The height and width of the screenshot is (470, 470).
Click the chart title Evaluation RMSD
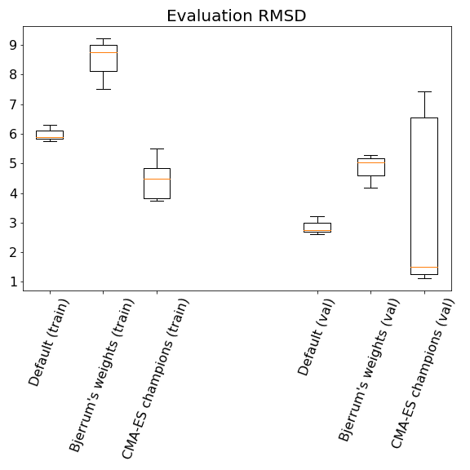tap(236, 16)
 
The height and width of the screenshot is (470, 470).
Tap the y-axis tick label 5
tap(14, 164)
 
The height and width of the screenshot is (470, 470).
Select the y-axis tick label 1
tap(14, 282)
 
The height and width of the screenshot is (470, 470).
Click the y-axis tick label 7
tap(14, 104)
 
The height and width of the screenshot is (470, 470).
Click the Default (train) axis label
tap(49, 343)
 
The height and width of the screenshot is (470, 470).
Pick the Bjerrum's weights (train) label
tap(101, 375)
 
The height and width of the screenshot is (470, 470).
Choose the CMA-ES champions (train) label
tap(155, 379)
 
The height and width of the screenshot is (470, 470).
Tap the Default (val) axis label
tap(316, 337)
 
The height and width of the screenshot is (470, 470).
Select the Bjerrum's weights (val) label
tap(369, 370)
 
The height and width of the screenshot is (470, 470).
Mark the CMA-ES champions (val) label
tap(423, 374)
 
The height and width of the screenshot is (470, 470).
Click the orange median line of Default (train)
tap(50, 138)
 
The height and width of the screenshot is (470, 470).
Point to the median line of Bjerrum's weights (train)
tap(104, 52)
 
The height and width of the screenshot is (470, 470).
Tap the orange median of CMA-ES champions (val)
tap(424, 267)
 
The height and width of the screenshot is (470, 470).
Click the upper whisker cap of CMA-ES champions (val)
tap(424, 91)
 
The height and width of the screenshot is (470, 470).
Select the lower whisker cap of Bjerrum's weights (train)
tap(104, 89)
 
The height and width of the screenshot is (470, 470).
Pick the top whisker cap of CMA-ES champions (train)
tap(157, 149)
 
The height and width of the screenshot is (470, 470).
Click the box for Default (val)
tap(317, 228)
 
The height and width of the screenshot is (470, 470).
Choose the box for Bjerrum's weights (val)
tap(371, 167)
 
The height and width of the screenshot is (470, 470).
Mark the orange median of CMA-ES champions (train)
tap(157, 179)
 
